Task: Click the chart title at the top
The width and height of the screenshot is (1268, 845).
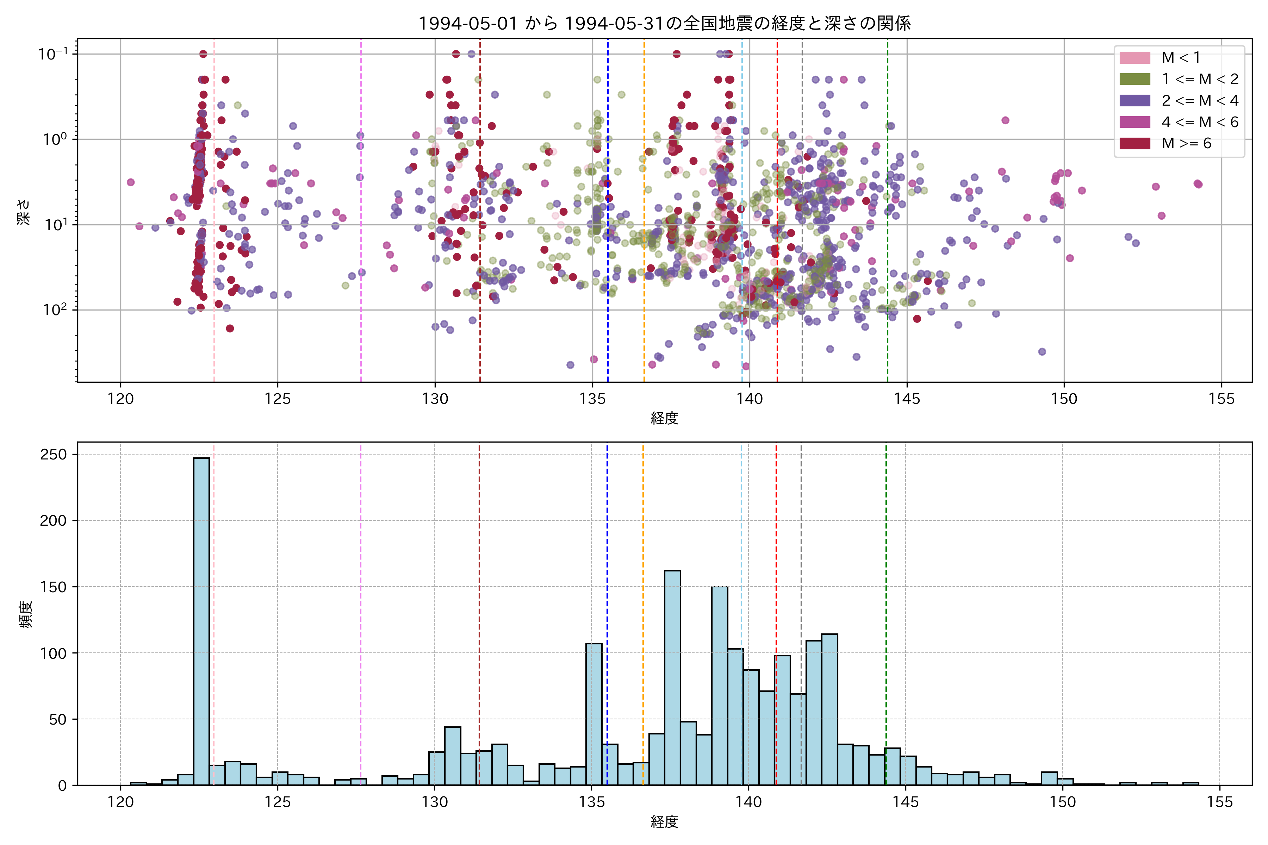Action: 664,24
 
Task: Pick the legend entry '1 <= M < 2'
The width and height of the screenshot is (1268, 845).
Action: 1200,79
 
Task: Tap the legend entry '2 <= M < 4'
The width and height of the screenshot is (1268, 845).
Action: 1200,101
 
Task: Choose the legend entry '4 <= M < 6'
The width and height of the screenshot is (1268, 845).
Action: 1200,122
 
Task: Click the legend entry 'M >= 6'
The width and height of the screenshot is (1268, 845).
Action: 1186,143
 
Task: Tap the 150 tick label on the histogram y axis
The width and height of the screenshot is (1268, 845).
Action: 54,587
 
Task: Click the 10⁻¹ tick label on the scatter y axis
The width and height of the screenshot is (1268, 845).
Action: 53,54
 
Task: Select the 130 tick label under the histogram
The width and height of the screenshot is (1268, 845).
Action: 435,802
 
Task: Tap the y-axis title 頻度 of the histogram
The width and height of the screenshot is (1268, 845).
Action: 26,614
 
